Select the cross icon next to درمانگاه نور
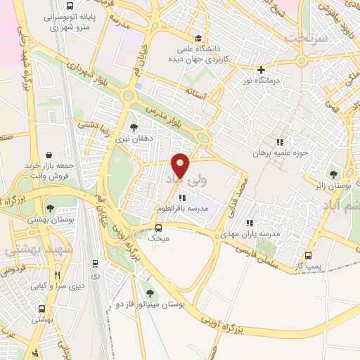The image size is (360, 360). click(x=261, y=70)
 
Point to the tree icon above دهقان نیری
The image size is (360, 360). click(x=134, y=127)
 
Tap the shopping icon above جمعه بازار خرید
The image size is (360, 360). click(x=49, y=155)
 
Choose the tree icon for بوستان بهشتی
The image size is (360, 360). click(x=51, y=207)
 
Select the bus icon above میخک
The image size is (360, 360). click(x=158, y=228)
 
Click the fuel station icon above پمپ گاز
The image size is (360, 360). click(x=308, y=255)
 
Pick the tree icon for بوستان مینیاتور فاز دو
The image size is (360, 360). click(x=148, y=292)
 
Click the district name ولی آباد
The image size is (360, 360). click(x=178, y=181)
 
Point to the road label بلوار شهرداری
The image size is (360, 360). click(x=91, y=74)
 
